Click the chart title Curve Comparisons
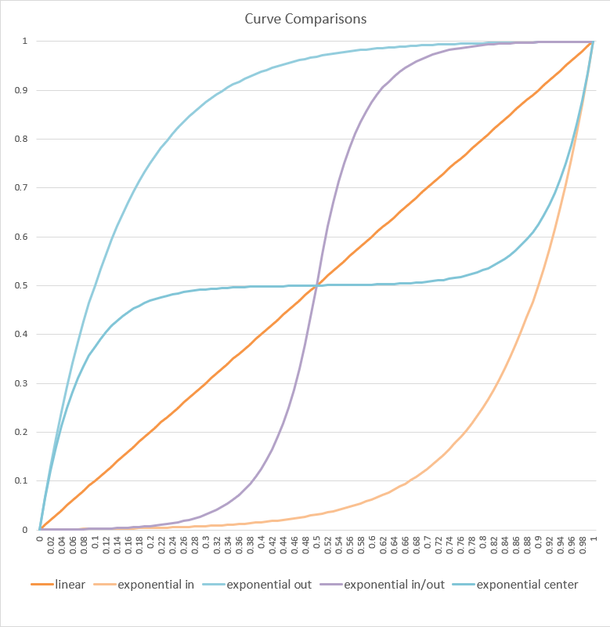(x=305, y=18)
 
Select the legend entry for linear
(x=70, y=585)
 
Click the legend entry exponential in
(x=156, y=585)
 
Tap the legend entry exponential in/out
(x=392, y=585)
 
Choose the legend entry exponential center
(x=527, y=585)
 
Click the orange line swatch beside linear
(x=41, y=585)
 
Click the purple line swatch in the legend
(x=329, y=585)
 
